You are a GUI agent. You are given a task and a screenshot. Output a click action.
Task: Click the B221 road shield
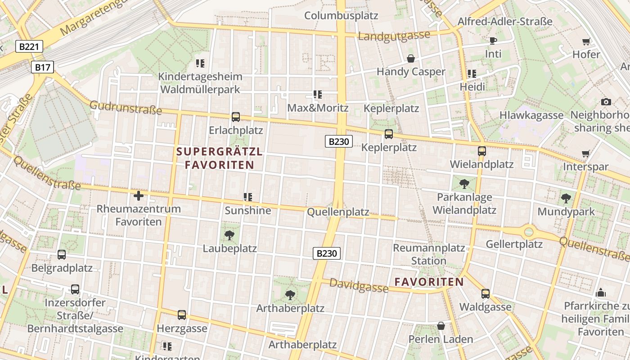29,46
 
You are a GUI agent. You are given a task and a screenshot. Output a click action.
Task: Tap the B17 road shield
43,67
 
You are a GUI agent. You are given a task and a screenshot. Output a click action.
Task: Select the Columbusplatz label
341,15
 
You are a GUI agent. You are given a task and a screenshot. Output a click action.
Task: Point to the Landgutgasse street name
394,36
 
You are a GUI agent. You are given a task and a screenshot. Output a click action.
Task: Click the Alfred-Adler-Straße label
505,21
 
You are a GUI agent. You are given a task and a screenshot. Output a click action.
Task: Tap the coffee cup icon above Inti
493,41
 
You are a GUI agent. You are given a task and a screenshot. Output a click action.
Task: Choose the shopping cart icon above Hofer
586,42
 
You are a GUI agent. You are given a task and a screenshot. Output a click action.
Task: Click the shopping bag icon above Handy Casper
410,58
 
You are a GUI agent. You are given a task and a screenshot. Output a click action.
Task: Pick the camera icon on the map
606,102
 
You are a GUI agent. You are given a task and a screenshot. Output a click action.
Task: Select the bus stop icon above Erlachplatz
235,117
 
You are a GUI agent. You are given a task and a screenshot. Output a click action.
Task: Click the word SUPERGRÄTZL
220,152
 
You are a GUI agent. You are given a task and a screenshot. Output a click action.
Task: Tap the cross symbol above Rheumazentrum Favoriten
139,196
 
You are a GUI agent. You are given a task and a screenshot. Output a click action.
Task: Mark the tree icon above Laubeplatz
229,235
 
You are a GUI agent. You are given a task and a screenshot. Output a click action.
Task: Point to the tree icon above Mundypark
566,198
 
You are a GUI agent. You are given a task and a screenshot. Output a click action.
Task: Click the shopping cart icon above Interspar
586,154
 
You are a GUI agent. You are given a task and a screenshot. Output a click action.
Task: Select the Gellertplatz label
514,244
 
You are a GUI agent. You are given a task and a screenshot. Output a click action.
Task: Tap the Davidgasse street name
359,285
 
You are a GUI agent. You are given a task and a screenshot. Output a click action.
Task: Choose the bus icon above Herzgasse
182,315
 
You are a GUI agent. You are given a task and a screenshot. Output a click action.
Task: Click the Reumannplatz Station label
429,254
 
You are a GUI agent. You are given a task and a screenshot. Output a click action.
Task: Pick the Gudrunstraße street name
126,108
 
